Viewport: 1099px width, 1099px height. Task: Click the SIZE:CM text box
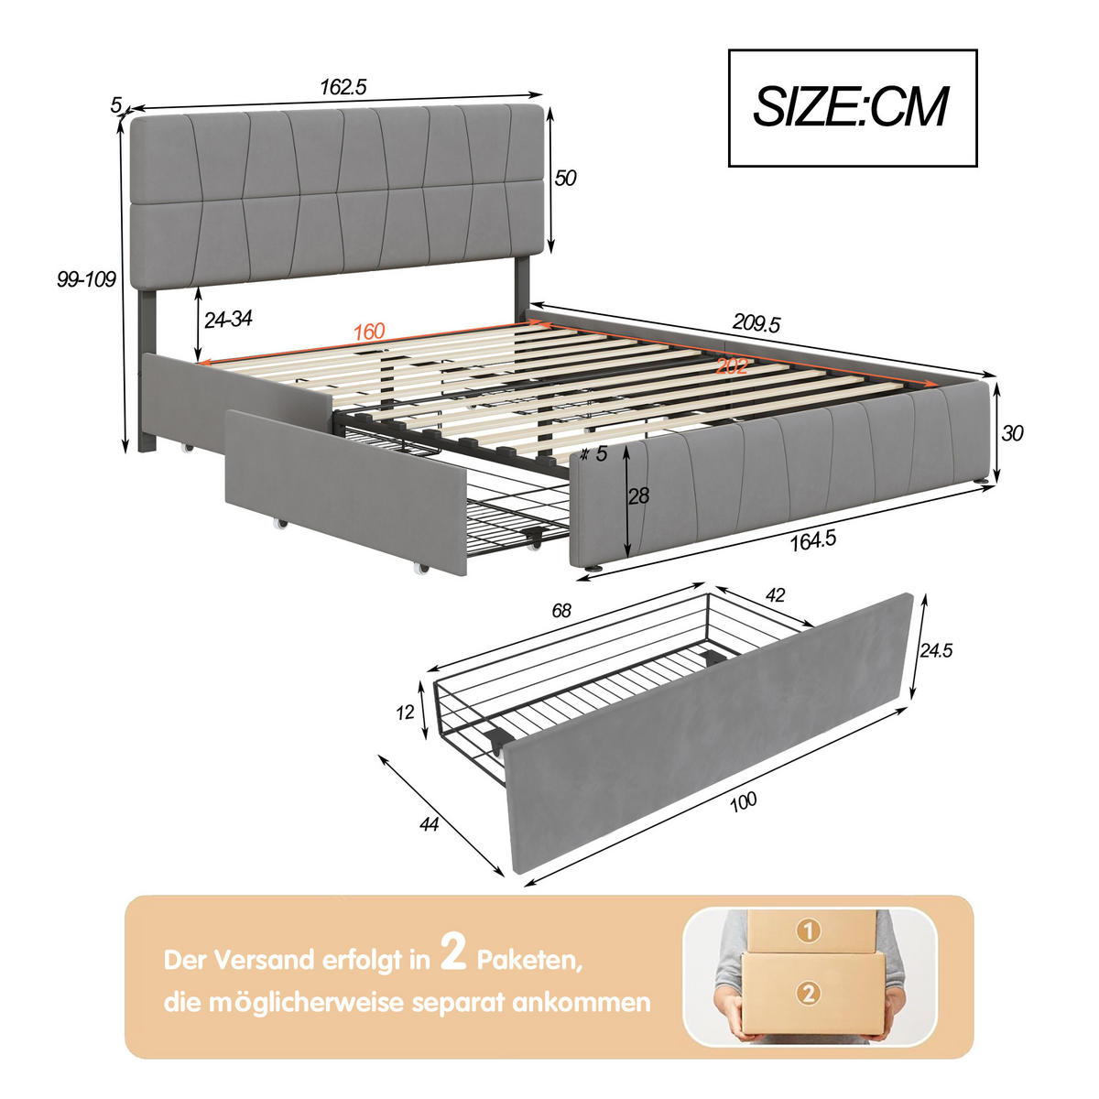852,108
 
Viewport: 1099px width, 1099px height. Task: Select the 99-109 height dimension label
86,280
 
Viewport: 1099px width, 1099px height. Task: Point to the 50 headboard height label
566,178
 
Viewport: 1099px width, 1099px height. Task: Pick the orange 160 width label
369,332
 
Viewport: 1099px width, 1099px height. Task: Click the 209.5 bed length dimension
756,323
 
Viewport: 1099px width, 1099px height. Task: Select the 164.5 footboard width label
812,539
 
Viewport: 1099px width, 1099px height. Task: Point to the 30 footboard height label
1011,432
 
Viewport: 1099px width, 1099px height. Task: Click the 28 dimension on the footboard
638,496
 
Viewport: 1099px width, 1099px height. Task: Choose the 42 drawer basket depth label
775,595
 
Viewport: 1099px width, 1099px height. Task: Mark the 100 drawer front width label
744,801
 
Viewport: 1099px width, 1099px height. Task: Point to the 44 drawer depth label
428,825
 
